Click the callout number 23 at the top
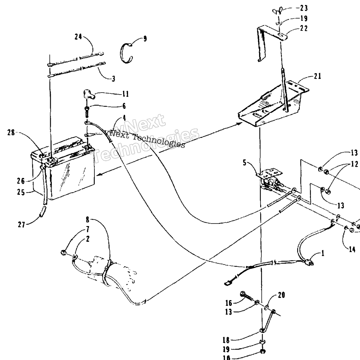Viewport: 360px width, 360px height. pyautogui.click(x=302, y=8)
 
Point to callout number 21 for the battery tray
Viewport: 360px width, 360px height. pyautogui.click(x=317, y=76)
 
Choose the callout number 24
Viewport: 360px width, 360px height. pyautogui.click(x=78, y=37)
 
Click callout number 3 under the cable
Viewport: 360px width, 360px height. pyautogui.click(x=113, y=78)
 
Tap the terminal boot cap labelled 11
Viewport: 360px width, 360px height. pyautogui.click(x=88, y=94)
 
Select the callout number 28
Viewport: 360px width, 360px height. pyautogui.click(x=11, y=133)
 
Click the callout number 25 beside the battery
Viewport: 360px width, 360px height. pyautogui.click(x=21, y=192)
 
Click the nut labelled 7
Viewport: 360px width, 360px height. pyautogui.click(x=63, y=253)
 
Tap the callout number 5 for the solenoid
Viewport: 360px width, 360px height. pyautogui.click(x=244, y=163)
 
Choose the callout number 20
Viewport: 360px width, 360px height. pyautogui.click(x=281, y=295)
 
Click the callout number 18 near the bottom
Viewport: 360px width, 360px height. pyautogui.click(x=226, y=340)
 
